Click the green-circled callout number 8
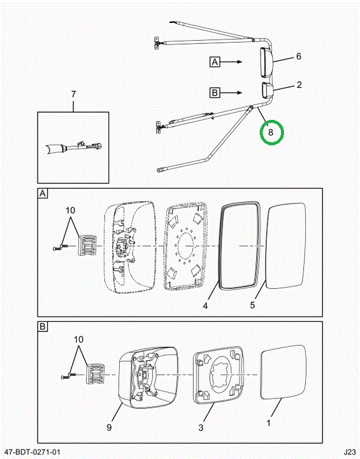pyautogui.click(x=270, y=133)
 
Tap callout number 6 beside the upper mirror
pyautogui.click(x=299, y=56)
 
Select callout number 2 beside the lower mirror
pyautogui.click(x=299, y=85)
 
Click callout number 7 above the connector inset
pyautogui.click(x=73, y=94)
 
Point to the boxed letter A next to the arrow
pyautogui.click(x=215, y=62)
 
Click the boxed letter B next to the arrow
pyautogui.click(x=215, y=93)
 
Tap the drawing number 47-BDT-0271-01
pyautogui.click(x=32, y=452)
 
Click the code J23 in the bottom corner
pyautogui.click(x=350, y=452)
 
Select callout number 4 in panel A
pyautogui.click(x=205, y=306)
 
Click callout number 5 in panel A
pyautogui.click(x=252, y=305)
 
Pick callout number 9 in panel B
pyautogui.click(x=109, y=428)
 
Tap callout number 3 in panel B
pyautogui.click(x=201, y=428)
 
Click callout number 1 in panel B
pyautogui.click(x=268, y=423)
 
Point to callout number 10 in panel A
pyautogui.click(x=70, y=210)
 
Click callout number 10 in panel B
pyautogui.click(x=78, y=340)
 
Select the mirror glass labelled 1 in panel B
pyautogui.click(x=283, y=372)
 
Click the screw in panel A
pyautogui.click(x=61, y=247)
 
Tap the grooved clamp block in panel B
pyautogui.click(x=94, y=374)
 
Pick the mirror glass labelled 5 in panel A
pyautogui.click(x=286, y=246)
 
